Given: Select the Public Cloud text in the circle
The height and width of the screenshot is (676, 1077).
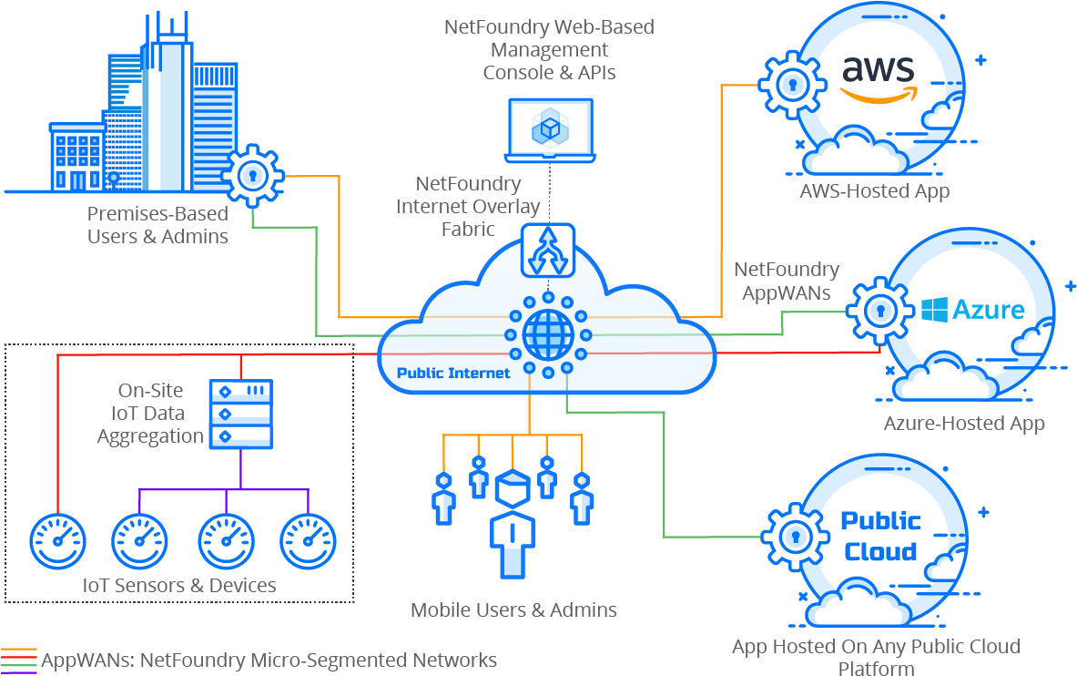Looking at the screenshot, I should [879, 536].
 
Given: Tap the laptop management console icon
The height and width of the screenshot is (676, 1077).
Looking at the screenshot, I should [550, 131].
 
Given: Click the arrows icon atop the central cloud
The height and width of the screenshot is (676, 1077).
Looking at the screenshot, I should [548, 249].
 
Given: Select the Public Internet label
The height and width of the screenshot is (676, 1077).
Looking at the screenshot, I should [453, 373].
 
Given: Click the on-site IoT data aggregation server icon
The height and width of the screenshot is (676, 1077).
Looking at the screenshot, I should [241, 415].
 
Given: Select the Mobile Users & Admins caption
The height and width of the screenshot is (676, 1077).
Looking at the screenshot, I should [513, 609].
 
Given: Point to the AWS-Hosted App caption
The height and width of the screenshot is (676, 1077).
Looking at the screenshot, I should [874, 191].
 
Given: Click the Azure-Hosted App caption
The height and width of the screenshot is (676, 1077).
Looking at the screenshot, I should [963, 424].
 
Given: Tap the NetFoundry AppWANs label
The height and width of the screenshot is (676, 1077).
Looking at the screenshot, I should [787, 281].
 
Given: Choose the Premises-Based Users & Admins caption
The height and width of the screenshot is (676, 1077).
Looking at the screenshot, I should [157, 225].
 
